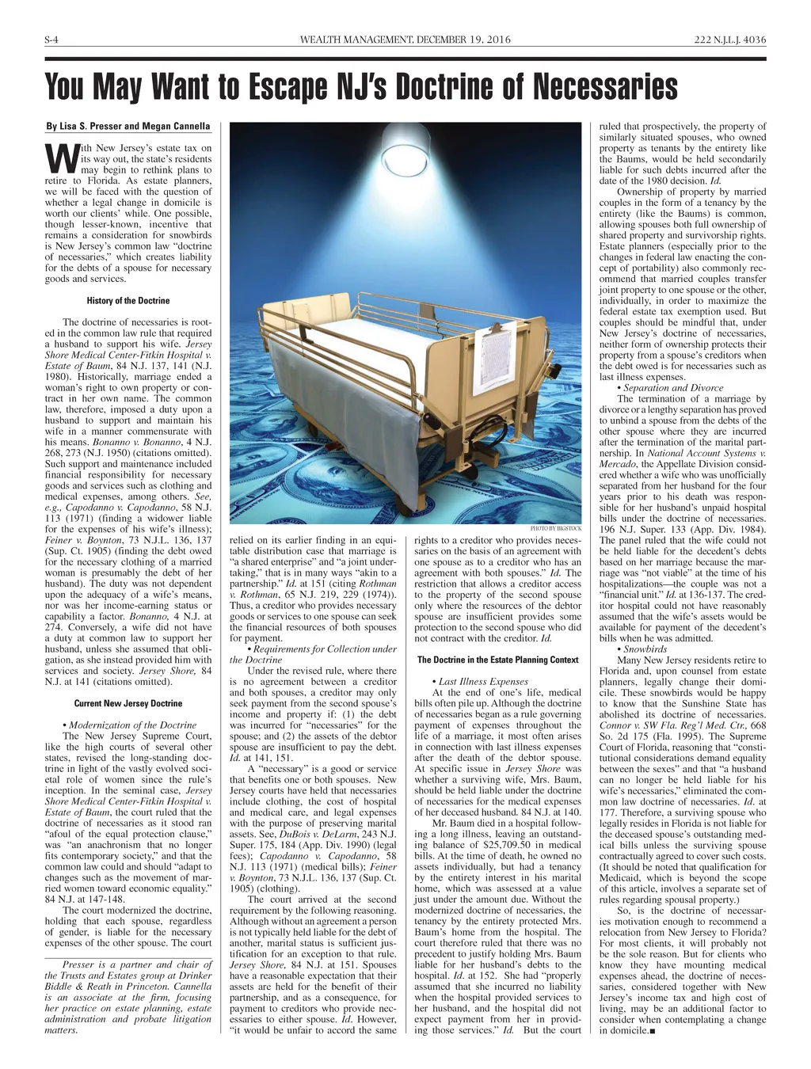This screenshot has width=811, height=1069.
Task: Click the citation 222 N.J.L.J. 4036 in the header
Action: pyautogui.click(x=729, y=40)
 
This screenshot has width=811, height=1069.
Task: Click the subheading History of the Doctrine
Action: pyautogui.click(x=128, y=300)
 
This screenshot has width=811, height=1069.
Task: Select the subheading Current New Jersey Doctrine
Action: pyautogui.click(x=128, y=703)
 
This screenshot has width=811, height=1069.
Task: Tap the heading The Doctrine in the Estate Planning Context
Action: pyautogui.click(x=497, y=660)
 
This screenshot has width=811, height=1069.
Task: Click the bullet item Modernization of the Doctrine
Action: pyautogui.click(x=129, y=725)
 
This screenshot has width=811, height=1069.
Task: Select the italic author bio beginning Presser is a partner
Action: pyautogui.click(x=128, y=997)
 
